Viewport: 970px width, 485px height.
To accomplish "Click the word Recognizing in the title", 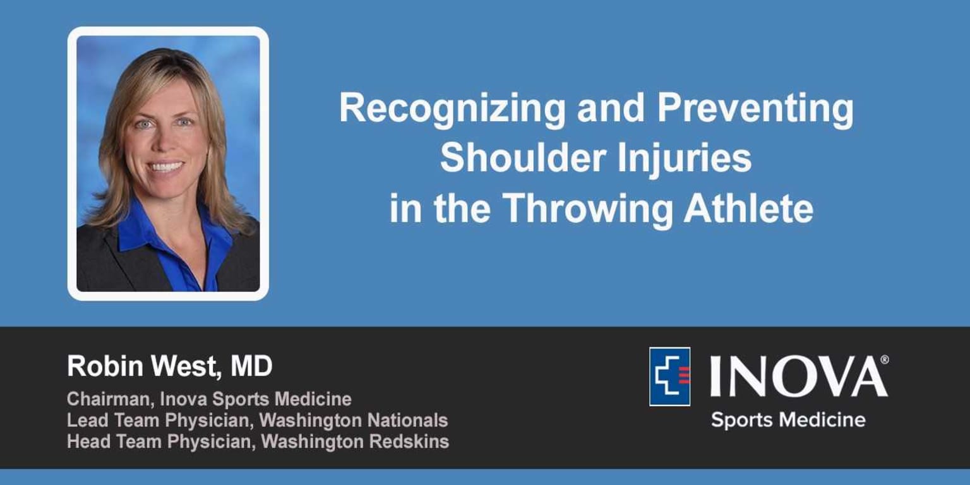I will point(452,109).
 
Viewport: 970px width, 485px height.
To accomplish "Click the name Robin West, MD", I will point(169,367).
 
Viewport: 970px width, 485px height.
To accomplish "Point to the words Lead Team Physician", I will point(160,421).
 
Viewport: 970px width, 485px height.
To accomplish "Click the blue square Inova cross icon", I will point(669,376).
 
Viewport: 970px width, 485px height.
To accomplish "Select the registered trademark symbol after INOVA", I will point(884,359).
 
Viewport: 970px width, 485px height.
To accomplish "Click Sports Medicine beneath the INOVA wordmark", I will point(787,419).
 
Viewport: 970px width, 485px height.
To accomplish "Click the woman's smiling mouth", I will point(166,167).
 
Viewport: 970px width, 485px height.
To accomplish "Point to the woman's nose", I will point(166,144).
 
